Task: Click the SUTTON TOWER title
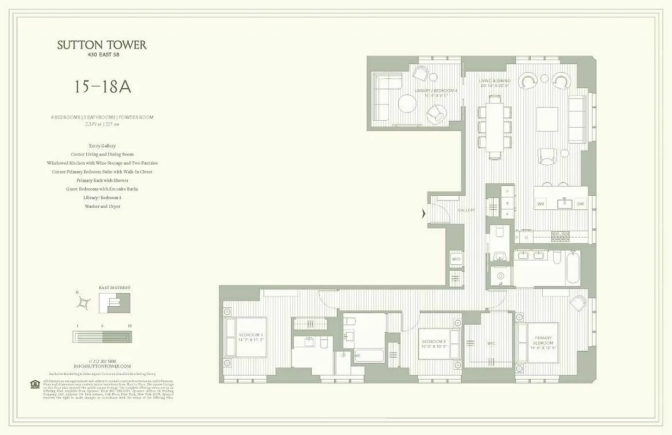click(102, 45)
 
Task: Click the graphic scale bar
click(102, 337)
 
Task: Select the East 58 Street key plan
click(115, 302)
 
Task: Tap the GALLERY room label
click(466, 210)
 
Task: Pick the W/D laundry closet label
click(456, 259)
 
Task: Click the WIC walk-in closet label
click(491, 343)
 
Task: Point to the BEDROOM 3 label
click(250, 337)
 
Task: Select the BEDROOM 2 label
click(433, 343)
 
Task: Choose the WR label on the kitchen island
click(541, 204)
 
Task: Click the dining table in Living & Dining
click(495, 126)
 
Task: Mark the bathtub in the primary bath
click(573, 268)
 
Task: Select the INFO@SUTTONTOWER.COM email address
click(102, 366)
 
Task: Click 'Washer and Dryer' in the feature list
click(102, 207)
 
